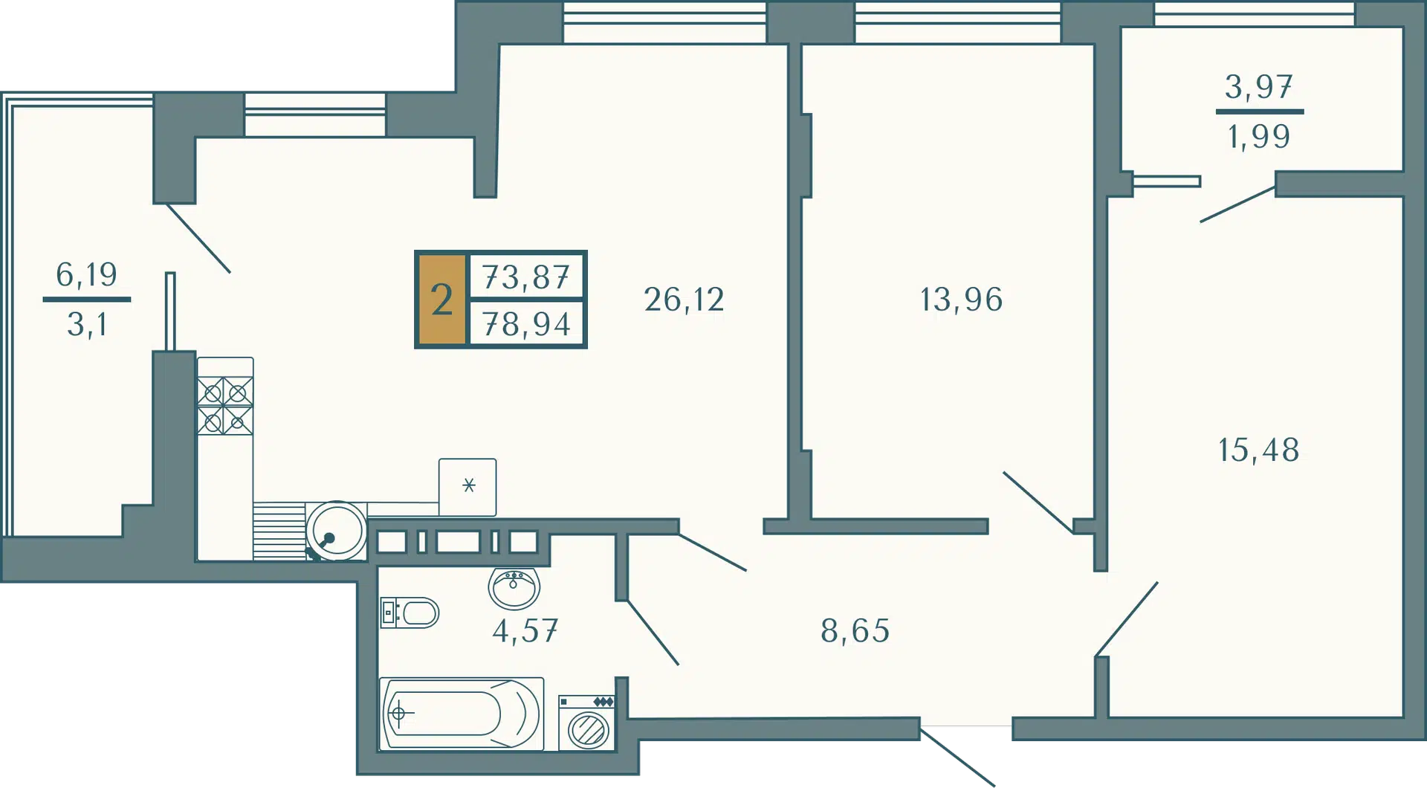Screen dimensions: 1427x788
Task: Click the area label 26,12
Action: pyautogui.click(x=684, y=300)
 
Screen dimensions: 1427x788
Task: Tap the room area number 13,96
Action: pyautogui.click(x=962, y=300)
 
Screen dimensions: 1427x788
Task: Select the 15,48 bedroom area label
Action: pyautogui.click(x=1259, y=450)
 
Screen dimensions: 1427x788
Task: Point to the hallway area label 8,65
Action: pyautogui.click(x=855, y=631)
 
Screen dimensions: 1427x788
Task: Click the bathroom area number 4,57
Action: pyautogui.click(x=525, y=631)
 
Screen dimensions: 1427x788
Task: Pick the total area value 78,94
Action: pyautogui.click(x=526, y=324)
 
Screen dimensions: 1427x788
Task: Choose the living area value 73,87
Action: pyautogui.click(x=526, y=277)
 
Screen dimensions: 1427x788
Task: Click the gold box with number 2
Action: pyautogui.click(x=442, y=300)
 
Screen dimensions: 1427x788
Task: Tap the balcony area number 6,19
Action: pyautogui.click(x=87, y=275)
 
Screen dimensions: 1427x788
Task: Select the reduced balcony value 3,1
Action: pyautogui.click(x=87, y=325)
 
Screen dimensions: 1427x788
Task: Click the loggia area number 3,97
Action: pyautogui.click(x=1259, y=87)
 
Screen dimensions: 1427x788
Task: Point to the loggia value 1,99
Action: pyautogui.click(x=1259, y=137)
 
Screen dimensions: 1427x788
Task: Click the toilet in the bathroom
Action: pyautogui.click(x=410, y=613)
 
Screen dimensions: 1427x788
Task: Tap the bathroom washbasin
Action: pyautogui.click(x=514, y=588)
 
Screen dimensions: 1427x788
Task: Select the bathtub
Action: pyautogui.click(x=462, y=714)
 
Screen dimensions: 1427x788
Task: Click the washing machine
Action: pyautogui.click(x=587, y=723)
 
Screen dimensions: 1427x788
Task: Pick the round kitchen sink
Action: pyautogui.click(x=337, y=531)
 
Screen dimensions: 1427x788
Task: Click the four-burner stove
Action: pyautogui.click(x=225, y=405)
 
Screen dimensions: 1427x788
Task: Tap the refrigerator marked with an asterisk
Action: pyautogui.click(x=467, y=487)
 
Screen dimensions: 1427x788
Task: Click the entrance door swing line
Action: pyautogui.click(x=957, y=757)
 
